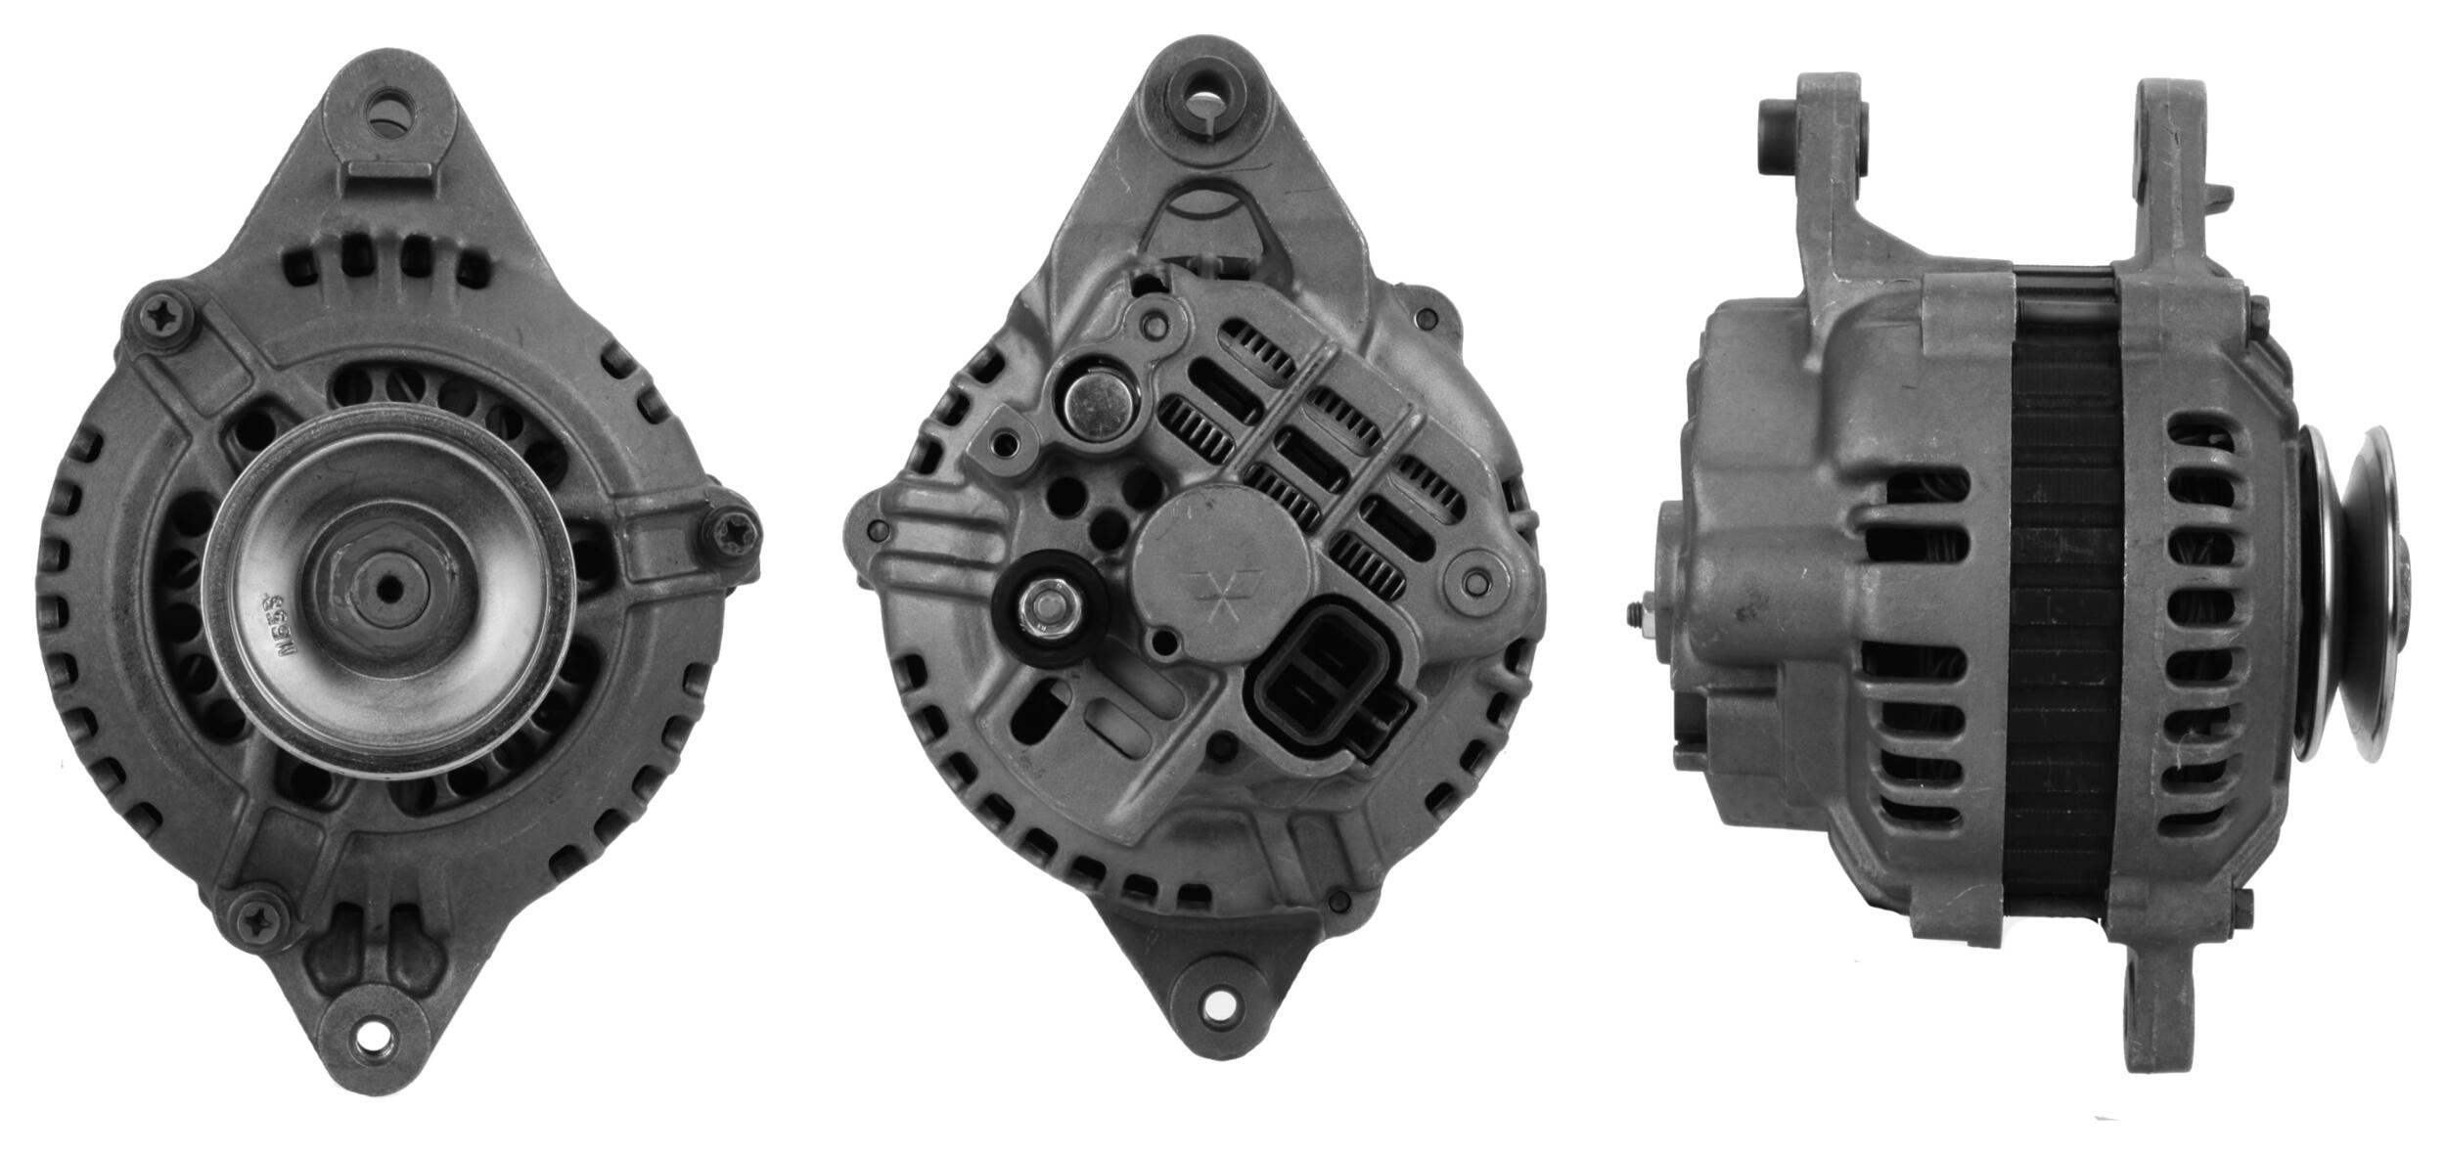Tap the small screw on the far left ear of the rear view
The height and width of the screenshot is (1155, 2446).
coord(874,529)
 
